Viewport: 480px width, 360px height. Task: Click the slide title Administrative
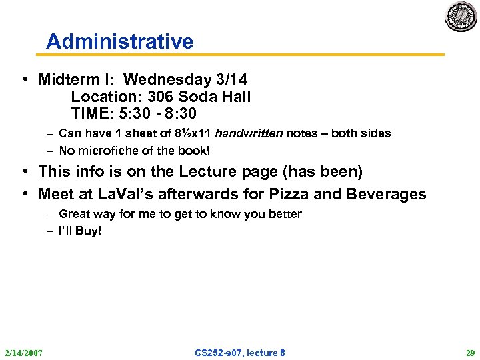[119, 42]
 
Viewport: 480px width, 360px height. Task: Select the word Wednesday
[165, 80]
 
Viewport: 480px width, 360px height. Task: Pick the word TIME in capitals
[92, 113]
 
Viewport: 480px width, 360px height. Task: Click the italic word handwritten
[249, 133]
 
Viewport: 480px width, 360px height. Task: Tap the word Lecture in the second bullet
[207, 171]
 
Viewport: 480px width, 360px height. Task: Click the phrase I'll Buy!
[80, 231]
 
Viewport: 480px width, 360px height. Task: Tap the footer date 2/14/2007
[23, 352]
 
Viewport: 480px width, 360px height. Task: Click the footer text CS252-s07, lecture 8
[240, 352]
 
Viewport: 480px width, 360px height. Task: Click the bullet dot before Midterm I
[24, 80]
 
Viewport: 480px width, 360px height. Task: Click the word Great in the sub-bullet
[74, 214]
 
